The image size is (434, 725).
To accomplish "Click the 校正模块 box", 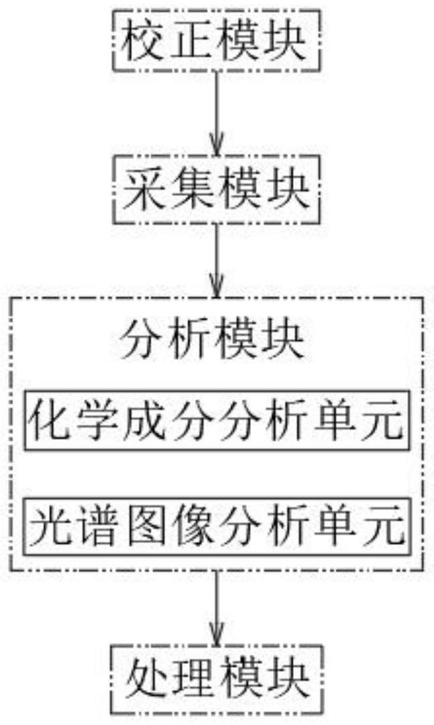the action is coord(216,40).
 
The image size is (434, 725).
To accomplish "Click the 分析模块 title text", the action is coord(216,342).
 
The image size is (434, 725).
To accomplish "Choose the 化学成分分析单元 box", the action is coord(216,421).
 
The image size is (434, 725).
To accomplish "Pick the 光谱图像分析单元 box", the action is coord(216,526).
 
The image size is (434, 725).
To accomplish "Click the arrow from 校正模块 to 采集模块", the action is coord(216,111).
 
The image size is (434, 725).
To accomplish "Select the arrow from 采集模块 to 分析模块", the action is coord(216,258).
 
